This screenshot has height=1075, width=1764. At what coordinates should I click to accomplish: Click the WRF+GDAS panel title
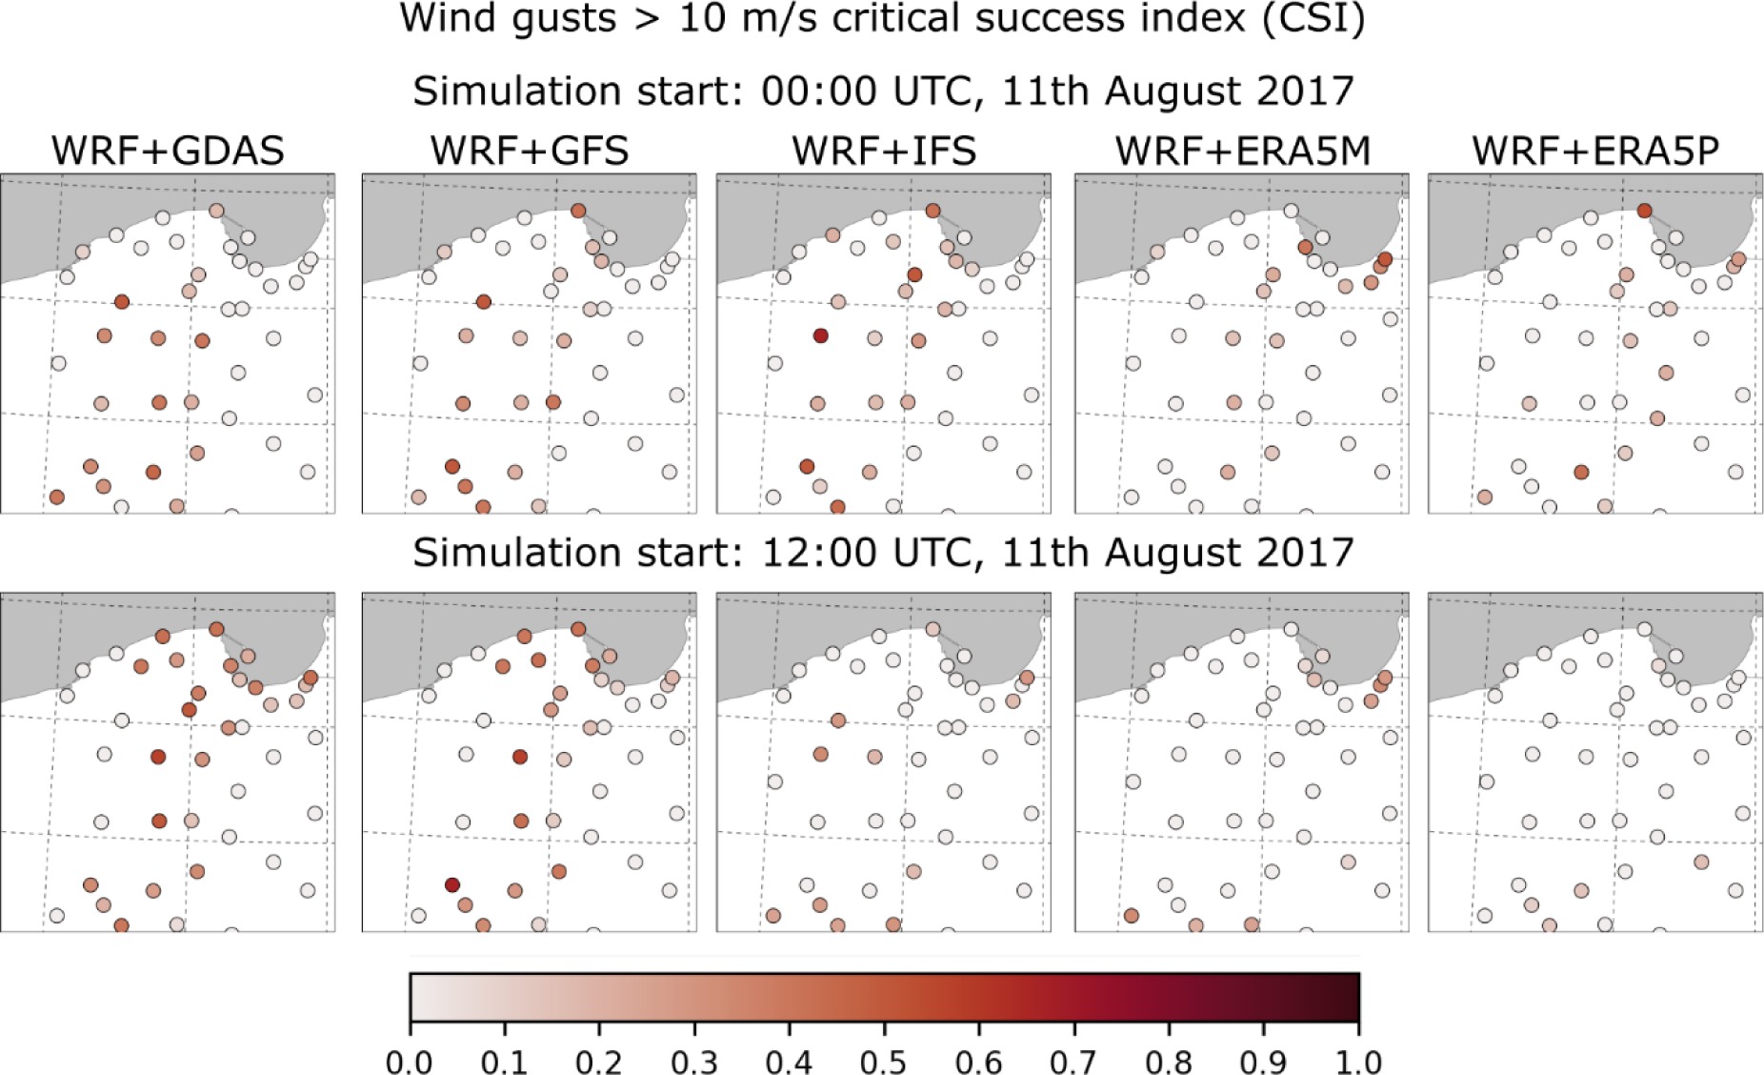168,151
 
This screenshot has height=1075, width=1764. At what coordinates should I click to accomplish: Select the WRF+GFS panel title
530,151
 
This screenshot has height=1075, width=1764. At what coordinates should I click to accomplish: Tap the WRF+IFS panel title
884,151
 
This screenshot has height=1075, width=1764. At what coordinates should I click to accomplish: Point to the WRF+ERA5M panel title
1242,151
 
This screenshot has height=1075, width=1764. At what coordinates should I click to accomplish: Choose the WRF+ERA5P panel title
1595,151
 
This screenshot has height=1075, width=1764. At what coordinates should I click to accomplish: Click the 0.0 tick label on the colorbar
410,1060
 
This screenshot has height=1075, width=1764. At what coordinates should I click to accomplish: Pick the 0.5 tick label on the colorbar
883,1060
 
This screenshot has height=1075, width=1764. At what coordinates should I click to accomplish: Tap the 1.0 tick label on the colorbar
1357,1060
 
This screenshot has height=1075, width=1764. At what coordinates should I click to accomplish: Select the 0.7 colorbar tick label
1073,1060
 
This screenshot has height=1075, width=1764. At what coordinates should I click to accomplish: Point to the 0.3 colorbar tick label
693,1060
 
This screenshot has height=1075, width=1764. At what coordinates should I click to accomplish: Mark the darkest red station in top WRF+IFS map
820,335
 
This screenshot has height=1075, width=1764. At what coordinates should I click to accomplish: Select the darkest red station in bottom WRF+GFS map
452,884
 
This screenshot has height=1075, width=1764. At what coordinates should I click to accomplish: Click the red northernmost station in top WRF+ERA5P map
1644,211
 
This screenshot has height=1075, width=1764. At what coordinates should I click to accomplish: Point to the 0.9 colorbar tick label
1263,1060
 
